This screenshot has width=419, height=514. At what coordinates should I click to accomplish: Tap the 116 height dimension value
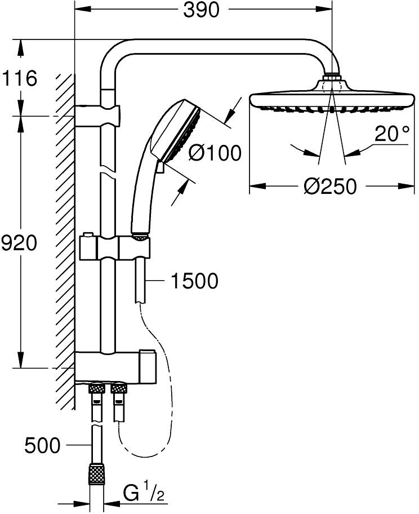click(20, 78)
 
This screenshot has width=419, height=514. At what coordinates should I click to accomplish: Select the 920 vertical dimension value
click(19, 243)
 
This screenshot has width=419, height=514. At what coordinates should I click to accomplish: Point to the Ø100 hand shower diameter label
click(214, 152)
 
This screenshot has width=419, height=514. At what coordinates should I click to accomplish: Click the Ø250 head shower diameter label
click(331, 186)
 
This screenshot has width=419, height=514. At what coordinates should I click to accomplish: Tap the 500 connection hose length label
click(42, 446)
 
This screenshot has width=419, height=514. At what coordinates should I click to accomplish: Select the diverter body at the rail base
click(115, 366)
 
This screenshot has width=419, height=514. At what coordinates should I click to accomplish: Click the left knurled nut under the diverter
click(96, 388)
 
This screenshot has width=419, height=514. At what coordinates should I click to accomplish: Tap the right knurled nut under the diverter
click(119, 388)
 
